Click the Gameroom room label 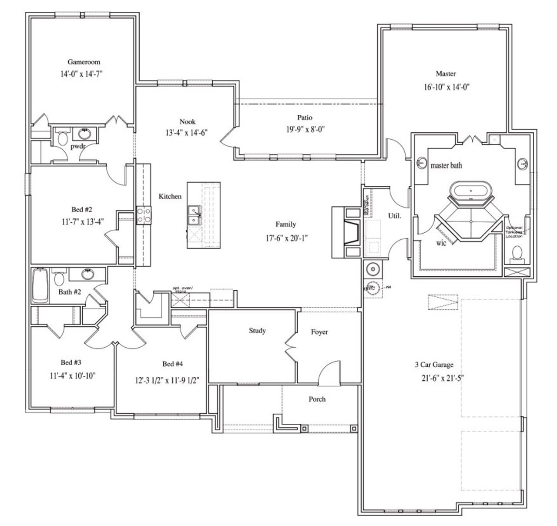point(84,62)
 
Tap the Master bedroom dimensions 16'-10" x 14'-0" point(446,87)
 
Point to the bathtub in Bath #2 point(40,286)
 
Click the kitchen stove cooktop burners point(144,214)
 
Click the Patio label point(305,117)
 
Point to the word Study point(257,331)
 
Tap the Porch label point(317,399)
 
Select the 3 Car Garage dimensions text point(443,378)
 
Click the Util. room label point(394,215)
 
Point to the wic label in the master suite point(441,243)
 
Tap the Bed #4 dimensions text point(167,380)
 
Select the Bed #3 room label point(71,362)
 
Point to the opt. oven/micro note point(182,289)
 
